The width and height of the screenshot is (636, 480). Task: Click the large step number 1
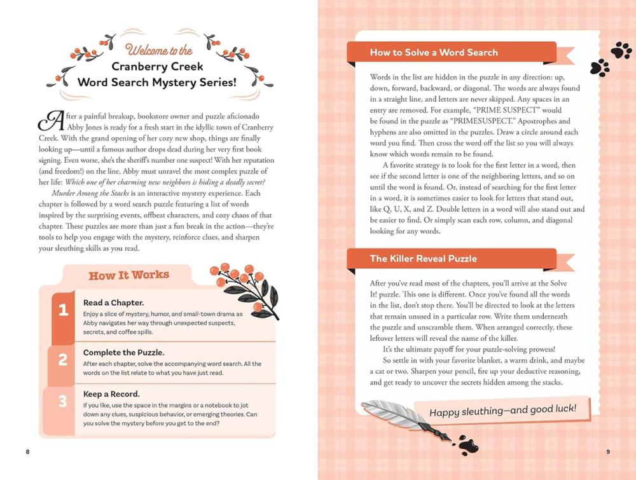[x=63, y=310]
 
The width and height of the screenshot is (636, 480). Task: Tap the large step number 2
[x=63, y=360]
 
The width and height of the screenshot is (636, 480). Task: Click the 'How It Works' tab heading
[x=128, y=275]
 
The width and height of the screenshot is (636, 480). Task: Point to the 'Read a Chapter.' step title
[x=113, y=303]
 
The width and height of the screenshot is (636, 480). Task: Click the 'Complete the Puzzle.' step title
[x=123, y=352]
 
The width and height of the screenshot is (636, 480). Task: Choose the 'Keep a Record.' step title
[x=111, y=394]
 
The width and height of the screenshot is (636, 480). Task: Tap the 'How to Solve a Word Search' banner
[x=434, y=53]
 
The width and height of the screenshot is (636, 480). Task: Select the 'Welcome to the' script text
[x=159, y=50]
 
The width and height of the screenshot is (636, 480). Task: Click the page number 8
[x=27, y=452]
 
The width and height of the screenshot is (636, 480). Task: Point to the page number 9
[x=608, y=452]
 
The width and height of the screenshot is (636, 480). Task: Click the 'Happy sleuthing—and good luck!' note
[x=502, y=409]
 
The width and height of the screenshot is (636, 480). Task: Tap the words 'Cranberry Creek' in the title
[x=158, y=67]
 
